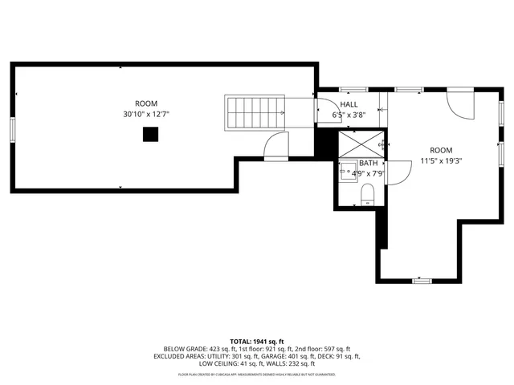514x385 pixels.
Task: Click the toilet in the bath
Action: pyautogui.click(x=368, y=194)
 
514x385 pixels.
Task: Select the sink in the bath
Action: pyautogui.click(x=348, y=170)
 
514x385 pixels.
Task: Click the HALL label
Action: pyautogui.click(x=349, y=105)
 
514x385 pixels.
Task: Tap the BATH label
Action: pyautogui.click(x=357, y=163)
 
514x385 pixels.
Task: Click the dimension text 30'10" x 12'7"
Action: pyautogui.click(x=146, y=115)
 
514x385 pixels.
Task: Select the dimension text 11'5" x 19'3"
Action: pyautogui.click(x=441, y=160)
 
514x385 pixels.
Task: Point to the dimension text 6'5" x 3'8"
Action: pyautogui.click(x=349, y=115)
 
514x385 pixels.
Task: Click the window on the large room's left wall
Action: pyautogui.click(x=12, y=129)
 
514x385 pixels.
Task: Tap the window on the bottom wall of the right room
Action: pyautogui.click(x=422, y=280)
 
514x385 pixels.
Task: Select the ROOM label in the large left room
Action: pyautogui.click(x=146, y=103)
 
